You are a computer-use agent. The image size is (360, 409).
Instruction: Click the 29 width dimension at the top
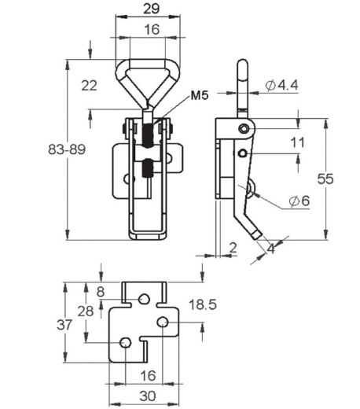pos(152,9)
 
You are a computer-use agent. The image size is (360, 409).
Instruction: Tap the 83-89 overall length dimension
pos(67,149)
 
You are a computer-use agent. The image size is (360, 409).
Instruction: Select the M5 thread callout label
pos(200,95)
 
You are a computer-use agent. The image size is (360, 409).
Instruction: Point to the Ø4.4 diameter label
pos(281,85)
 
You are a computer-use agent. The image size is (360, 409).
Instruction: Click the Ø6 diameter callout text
pos(299,201)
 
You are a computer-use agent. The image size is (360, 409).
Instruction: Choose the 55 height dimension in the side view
pos(325,179)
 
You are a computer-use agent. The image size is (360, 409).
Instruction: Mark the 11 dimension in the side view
pos(298,142)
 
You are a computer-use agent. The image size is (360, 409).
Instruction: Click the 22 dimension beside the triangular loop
pos(89,86)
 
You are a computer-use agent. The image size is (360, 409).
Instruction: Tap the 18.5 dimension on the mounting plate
pos(203,304)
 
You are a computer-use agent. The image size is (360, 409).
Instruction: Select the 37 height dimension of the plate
pos(64,325)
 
